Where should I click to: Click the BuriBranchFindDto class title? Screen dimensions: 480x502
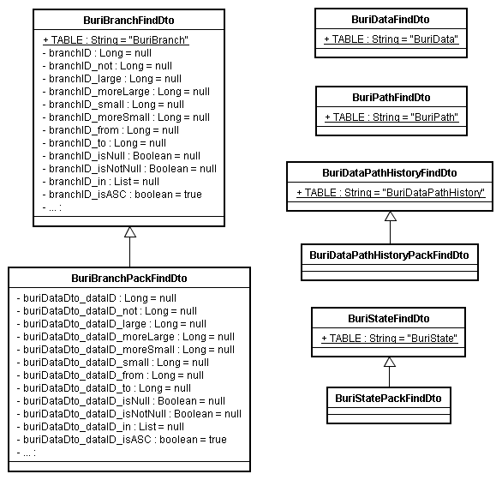pyautogui.click(x=129, y=21)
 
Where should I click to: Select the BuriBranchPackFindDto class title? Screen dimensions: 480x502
pyautogui.click(x=129, y=278)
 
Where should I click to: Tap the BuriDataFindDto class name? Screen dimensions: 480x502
pyautogui.click(x=391, y=19)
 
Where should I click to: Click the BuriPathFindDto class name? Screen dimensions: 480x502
pyautogui.click(x=391, y=97)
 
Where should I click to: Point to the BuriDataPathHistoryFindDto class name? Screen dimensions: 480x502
pyautogui.click(x=390, y=172)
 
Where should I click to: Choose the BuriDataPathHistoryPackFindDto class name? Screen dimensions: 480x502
pyautogui.click(x=389, y=255)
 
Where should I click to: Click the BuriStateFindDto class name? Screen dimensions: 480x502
pyautogui.click(x=390, y=318)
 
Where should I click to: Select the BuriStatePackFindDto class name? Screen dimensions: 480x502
pyautogui.click(x=389, y=398)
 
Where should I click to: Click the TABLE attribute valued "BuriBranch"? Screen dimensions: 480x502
pyautogui.click(x=116, y=40)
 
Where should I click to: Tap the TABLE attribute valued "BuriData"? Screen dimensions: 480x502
pyautogui.click(x=391, y=39)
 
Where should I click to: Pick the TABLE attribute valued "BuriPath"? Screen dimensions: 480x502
pyautogui.click(x=391, y=117)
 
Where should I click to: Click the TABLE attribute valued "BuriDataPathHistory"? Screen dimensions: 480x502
pyautogui.click(x=391, y=193)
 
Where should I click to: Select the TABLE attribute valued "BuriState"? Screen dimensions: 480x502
pyautogui.click(x=390, y=339)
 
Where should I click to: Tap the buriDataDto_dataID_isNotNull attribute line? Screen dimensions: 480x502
pyautogui.click(x=128, y=414)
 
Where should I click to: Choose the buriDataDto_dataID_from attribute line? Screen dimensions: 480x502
pyautogui.click(x=110, y=375)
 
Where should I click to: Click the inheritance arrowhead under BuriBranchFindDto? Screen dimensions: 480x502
pyautogui.click(x=130, y=232)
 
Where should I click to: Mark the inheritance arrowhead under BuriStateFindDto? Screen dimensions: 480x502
pyautogui.click(x=390, y=362)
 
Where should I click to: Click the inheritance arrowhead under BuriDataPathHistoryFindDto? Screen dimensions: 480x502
pyautogui.click(x=390, y=216)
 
